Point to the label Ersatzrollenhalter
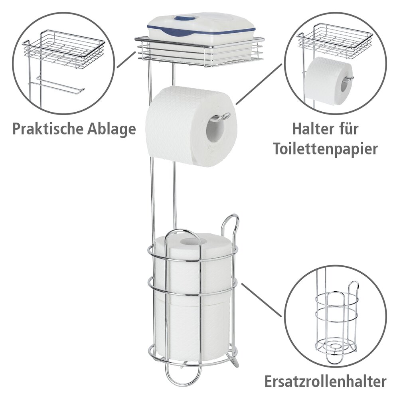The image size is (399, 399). coord(325,381)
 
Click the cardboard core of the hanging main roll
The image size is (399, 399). coord(215,130)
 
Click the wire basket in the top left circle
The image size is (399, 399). coord(64,48)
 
